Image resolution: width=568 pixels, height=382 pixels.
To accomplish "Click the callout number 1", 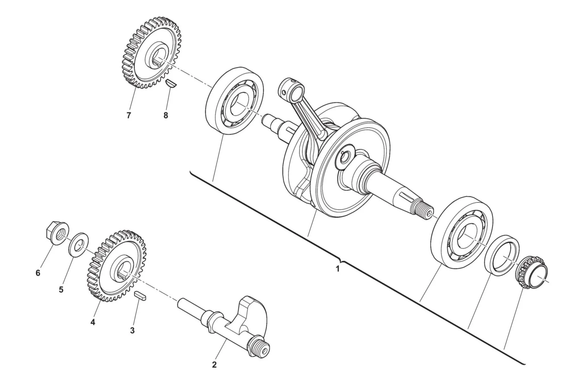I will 338,269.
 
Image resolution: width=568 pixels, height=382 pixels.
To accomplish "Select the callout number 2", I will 214,365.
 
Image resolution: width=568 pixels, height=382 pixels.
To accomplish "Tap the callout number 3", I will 132,330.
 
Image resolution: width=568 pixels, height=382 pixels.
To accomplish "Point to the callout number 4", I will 93,322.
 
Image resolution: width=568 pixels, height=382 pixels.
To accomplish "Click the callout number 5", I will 61,290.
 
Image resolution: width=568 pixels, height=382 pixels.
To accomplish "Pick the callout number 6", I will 38,273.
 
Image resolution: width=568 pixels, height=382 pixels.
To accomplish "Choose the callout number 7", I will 128,115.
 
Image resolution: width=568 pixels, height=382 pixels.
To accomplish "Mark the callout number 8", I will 166,115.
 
